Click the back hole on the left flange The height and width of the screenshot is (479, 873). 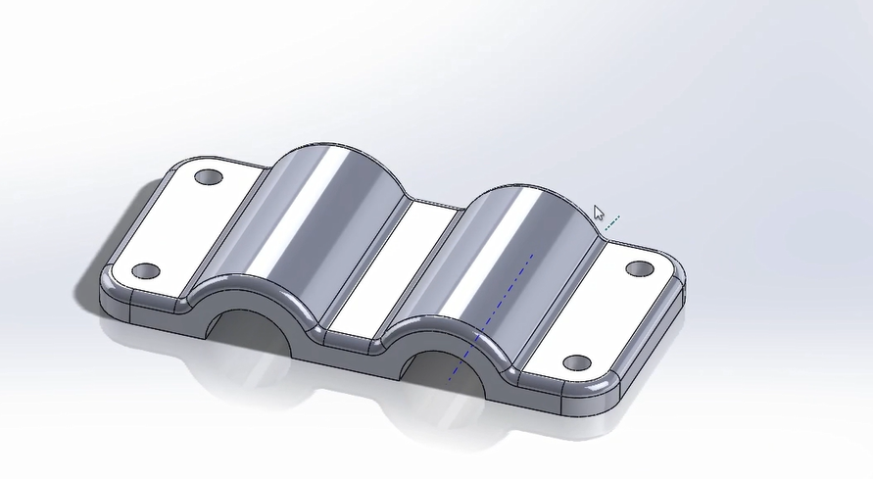point(209,178)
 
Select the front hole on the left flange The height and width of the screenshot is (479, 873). point(145,270)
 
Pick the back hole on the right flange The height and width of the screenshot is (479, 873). point(640,267)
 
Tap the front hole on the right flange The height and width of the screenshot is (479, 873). point(577,363)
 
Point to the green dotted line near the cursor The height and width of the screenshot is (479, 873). point(611,224)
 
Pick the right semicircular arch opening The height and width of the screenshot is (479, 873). point(446,372)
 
